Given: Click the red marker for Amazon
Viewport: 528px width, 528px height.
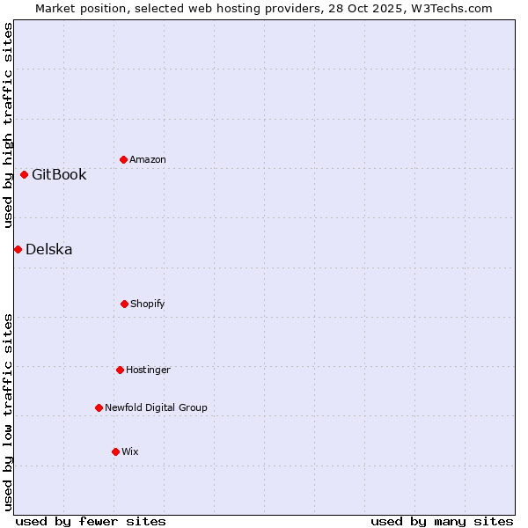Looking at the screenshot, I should [x=123, y=159].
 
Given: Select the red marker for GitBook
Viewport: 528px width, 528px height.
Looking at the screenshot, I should [x=24, y=174].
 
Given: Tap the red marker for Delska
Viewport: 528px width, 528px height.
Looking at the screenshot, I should [x=18, y=249].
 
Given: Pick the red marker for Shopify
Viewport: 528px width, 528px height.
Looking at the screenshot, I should [x=124, y=304].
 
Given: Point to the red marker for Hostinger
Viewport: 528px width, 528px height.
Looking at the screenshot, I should [x=120, y=370].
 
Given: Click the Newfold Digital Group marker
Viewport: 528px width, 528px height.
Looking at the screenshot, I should [x=99, y=407].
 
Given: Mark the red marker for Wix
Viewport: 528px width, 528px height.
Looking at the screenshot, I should [x=115, y=451].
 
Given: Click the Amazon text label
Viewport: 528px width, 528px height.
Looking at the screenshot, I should [x=148, y=159].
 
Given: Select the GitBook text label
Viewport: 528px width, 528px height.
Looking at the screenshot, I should [x=59, y=174].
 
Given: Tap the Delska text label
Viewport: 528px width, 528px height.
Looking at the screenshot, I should [x=49, y=249].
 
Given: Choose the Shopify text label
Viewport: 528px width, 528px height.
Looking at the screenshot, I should [x=148, y=304].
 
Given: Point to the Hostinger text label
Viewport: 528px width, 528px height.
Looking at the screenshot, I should [x=148, y=370].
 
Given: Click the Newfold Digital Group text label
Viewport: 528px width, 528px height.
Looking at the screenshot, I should [x=156, y=407].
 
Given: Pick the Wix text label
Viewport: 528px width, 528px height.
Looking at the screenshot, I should [x=130, y=451].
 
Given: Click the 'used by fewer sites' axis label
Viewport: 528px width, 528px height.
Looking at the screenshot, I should [x=91, y=521].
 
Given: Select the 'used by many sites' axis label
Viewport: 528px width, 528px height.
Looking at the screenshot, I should [x=442, y=521].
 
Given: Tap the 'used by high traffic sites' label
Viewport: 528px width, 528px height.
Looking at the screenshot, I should [x=8, y=125].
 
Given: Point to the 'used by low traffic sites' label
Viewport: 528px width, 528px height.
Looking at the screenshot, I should [x=8, y=412].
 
